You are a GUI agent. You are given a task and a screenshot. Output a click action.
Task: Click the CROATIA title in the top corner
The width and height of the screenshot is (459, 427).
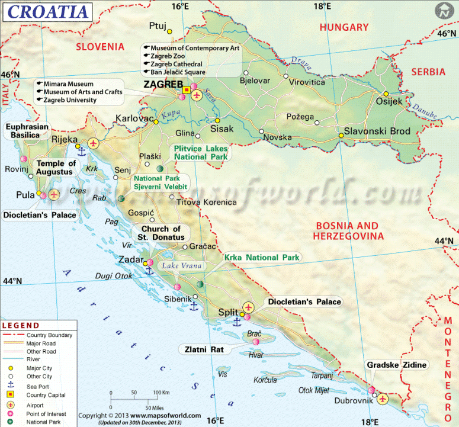[x=47, y=11]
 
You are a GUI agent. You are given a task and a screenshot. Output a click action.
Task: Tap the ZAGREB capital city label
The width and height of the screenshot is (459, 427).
[x=163, y=85]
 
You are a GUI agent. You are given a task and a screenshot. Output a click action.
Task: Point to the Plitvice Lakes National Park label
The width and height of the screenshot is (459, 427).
[x=200, y=153]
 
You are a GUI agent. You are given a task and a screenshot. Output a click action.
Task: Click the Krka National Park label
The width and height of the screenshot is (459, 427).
[x=262, y=258]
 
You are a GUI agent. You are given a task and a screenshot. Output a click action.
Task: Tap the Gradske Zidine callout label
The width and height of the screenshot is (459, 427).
[x=396, y=365]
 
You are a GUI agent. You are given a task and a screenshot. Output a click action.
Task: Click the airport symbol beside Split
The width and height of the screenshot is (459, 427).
[x=248, y=307]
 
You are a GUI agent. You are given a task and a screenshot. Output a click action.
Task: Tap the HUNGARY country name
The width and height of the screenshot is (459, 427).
[x=344, y=27]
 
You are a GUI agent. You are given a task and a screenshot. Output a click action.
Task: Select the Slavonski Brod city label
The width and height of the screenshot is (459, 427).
[x=373, y=131]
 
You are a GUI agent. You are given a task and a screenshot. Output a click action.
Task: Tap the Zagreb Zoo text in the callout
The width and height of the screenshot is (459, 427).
[x=168, y=56]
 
